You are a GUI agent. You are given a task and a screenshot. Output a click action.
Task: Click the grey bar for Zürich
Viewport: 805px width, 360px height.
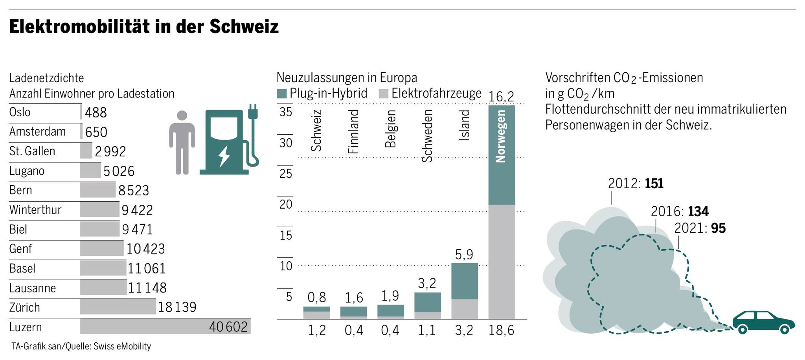[118, 307]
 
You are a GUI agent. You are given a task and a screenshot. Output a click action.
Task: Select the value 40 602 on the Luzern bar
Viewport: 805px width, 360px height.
[228, 327]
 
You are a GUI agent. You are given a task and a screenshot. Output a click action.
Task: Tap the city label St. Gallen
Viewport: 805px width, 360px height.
[32, 151]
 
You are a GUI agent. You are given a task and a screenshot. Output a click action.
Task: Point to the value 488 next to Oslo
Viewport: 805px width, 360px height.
[96, 112]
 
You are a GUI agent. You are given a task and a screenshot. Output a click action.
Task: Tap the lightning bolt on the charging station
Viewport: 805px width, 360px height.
[224, 156]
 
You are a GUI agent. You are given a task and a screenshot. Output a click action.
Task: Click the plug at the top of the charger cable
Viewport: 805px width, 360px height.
[253, 112]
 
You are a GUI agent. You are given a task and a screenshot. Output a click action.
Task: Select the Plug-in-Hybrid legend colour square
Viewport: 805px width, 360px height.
[282, 94]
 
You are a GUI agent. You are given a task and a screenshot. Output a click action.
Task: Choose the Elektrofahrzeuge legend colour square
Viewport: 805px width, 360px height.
[384, 94]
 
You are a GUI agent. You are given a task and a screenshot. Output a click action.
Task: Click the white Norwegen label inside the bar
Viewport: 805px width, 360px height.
[500, 136]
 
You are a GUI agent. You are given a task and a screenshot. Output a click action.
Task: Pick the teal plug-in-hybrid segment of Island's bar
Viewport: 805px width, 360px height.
[465, 281]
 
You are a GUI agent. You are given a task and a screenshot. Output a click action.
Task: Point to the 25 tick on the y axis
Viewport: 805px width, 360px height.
[286, 173]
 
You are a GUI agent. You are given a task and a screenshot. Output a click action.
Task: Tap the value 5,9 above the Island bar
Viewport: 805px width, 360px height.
[464, 255]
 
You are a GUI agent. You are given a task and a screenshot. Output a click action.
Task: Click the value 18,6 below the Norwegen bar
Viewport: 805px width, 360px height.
[501, 331]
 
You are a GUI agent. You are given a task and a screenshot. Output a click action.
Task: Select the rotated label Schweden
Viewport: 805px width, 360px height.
[427, 136]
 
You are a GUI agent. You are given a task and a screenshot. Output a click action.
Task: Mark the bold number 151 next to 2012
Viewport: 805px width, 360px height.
[654, 184]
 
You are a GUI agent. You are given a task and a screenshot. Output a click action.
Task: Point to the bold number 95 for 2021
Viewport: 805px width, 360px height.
[718, 228]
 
